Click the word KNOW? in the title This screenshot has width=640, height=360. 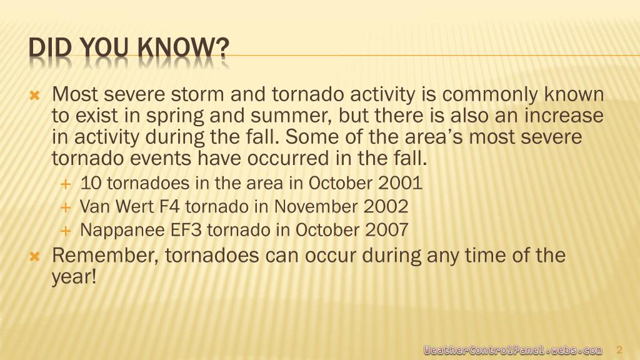click(184, 47)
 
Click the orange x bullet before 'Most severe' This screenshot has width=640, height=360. click(35, 96)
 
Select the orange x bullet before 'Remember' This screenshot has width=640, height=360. click(35, 257)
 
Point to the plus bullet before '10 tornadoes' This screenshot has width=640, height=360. click(65, 184)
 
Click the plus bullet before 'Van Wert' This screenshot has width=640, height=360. click(65, 207)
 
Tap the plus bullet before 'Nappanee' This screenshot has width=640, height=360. click(65, 231)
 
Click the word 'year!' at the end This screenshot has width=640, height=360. click(74, 278)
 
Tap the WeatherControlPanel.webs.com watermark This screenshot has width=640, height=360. click(512, 350)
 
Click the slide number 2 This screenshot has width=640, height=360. click(619, 350)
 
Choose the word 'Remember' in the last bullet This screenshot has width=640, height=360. click(105, 256)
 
